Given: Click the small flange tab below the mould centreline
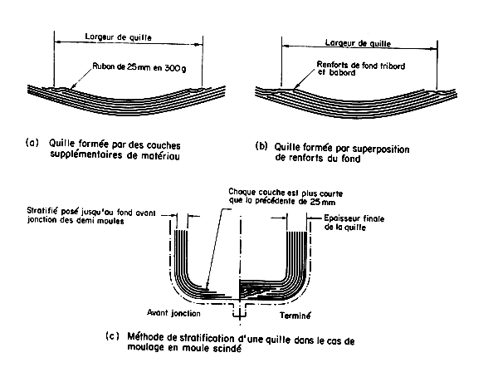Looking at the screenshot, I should pyautogui.click(x=239, y=312).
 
